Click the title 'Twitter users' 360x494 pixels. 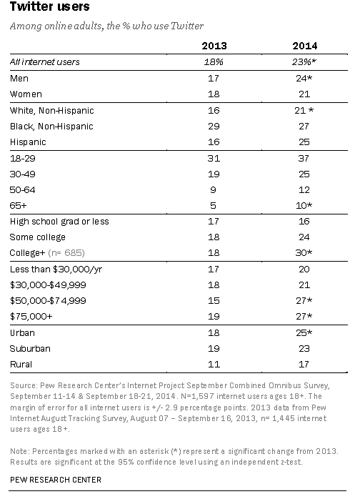click(x=44, y=8)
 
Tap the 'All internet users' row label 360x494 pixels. click(x=44, y=62)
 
